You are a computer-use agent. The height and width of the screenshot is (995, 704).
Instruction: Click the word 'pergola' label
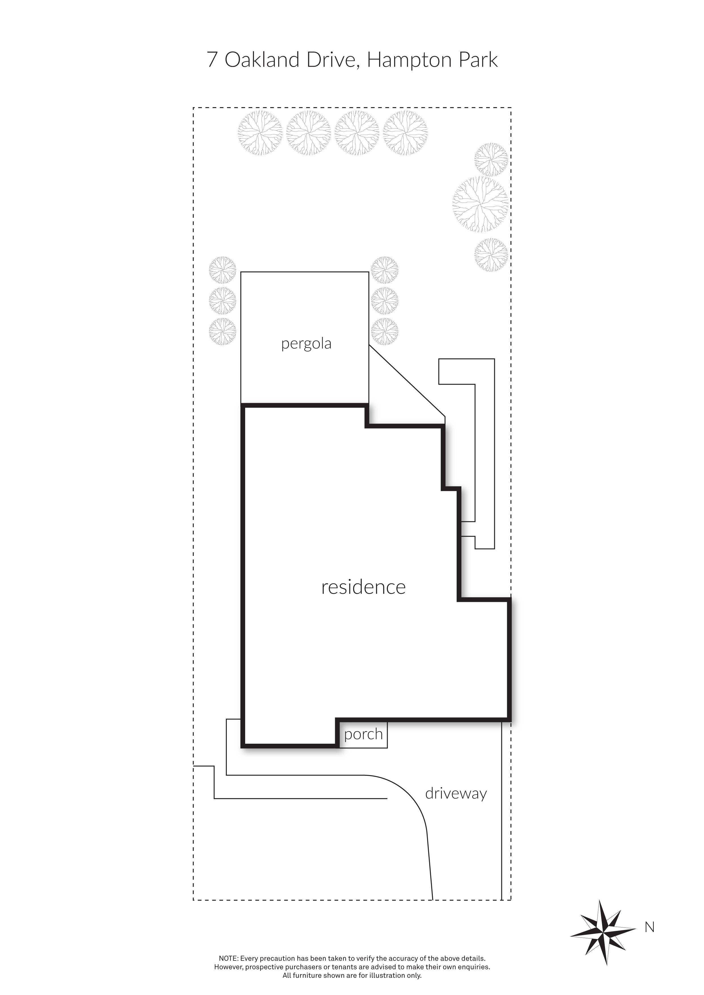coord(306,344)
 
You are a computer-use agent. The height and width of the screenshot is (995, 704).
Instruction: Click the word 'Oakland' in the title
coord(262,60)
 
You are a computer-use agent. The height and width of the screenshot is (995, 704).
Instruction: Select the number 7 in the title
coord(212,60)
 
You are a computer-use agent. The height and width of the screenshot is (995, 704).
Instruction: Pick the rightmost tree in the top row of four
coord(405,133)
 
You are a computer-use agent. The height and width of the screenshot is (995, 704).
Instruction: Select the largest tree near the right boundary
coord(480,205)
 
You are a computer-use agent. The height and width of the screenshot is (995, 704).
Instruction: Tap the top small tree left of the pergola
coord(222,270)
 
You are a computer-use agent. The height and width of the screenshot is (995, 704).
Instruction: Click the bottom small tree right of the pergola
coord(384,332)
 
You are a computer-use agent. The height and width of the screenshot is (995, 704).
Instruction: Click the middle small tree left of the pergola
coord(222,301)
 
